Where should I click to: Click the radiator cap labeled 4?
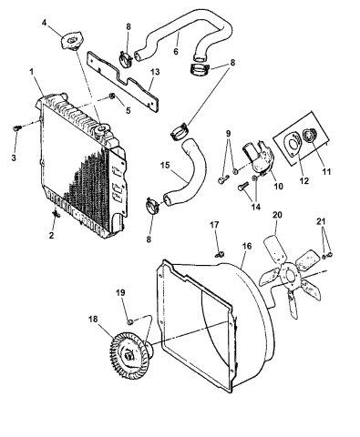pyautogui.click(x=69, y=44)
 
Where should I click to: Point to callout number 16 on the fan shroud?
pyautogui.click(x=247, y=246)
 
